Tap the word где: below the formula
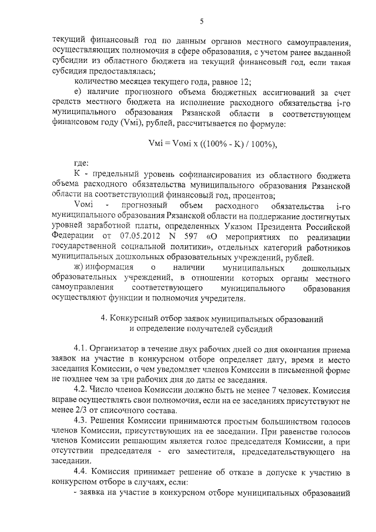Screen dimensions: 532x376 82,163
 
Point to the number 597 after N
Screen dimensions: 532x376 189,236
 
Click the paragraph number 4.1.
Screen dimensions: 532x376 81,349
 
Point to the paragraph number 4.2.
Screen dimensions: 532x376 81,390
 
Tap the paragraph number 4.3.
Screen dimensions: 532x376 81,420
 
